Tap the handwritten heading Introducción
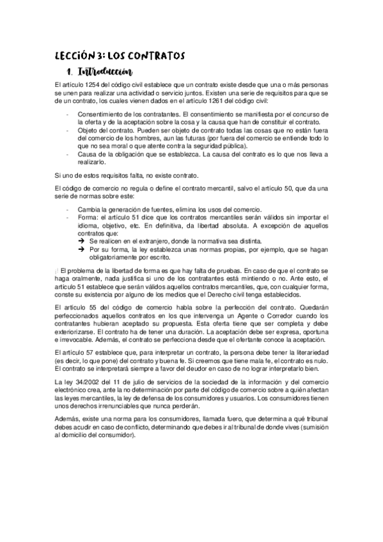pos(103,72)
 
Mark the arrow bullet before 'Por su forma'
pos(81,250)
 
